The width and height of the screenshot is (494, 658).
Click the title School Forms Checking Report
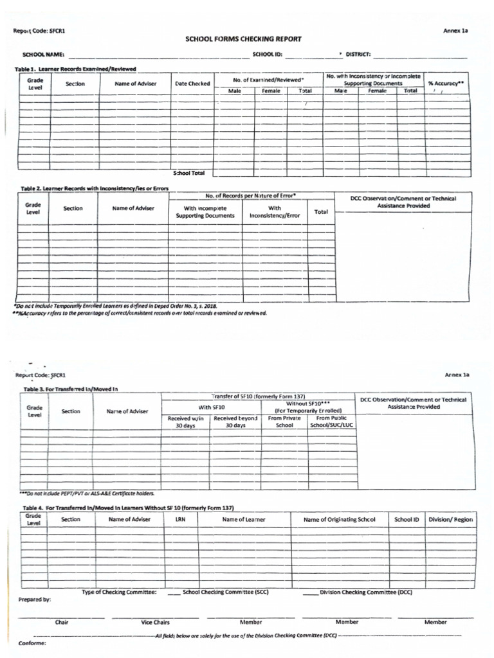[243, 39]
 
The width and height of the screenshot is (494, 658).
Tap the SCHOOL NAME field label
[44, 55]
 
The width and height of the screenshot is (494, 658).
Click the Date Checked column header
[192, 84]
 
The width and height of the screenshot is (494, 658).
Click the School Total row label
[188, 173]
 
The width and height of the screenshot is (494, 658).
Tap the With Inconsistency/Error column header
[275, 212]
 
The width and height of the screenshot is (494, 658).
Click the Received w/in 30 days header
[185, 422]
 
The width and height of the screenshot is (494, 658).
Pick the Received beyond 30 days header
[235, 422]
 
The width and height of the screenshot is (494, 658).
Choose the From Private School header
[284, 422]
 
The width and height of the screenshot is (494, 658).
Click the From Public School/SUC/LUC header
[332, 422]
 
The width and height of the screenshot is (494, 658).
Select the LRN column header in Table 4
[180, 519]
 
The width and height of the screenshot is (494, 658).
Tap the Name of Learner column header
[244, 519]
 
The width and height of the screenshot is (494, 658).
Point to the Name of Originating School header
[338, 519]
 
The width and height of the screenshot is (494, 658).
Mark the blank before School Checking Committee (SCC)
[174, 592]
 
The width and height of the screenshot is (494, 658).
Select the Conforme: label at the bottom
[32, 643]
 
